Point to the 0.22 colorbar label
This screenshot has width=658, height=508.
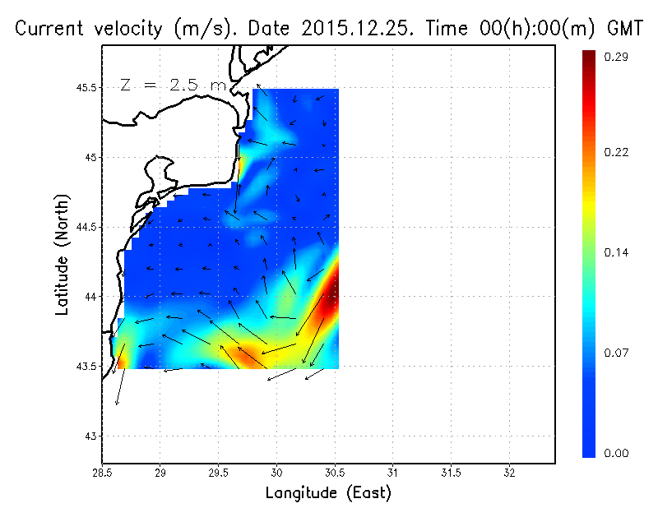(616, 152)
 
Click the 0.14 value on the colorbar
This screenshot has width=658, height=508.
(616, 252)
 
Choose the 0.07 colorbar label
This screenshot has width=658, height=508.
(616, 353)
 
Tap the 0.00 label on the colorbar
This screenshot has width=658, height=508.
(616, 453)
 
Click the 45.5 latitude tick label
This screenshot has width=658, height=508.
(84, 87)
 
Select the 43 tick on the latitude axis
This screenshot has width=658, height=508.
(90, 436)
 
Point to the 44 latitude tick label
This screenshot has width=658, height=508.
(90, 296)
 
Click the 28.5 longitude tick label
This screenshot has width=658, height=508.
(102, 473)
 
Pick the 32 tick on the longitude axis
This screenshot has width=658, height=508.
(509, 473)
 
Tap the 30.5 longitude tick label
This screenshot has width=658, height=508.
(335, 473)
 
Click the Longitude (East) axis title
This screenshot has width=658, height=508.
(328, 493)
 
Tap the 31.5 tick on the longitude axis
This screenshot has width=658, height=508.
(451, 473)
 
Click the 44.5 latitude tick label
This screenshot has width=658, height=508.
(84, 227)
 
